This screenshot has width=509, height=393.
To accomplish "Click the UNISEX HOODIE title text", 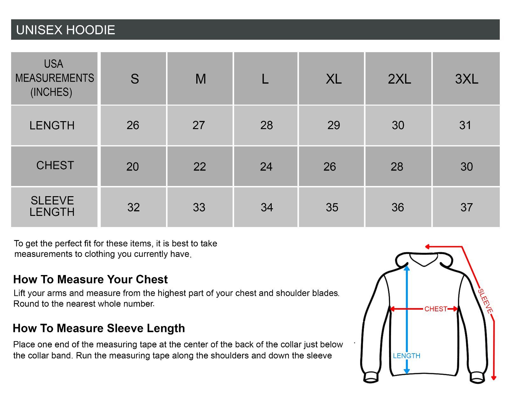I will (x=66, y=30).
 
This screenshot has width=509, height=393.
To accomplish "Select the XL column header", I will (x=334, y=79).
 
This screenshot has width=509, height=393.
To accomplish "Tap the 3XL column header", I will (x=466, y=79).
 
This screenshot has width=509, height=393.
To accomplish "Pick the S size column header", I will (x=135, y=79).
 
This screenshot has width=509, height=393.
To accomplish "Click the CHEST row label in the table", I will (x=55, y=165).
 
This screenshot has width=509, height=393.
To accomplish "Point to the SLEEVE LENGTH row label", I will (x=52, y=206).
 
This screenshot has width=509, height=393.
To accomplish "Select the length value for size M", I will (x=199, y=125).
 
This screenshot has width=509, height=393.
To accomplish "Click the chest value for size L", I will (x=266, y=167).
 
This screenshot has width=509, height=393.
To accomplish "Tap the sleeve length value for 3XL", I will (x=466, y=207).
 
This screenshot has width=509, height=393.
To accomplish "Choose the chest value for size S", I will (x=133, y=167).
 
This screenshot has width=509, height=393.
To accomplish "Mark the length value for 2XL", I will (x=398, y=125).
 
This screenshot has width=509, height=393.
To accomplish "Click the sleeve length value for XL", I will (x=332, y=207).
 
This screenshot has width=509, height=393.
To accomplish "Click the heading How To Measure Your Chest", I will (x=90, y=279).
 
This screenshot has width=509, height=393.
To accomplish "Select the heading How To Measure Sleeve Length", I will (x=99, y=328).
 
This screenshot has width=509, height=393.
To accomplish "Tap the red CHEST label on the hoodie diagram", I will (x=436, y=309).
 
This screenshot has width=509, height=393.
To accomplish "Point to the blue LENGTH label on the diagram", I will (x=407, y=356).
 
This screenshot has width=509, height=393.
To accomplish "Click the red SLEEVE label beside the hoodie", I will (x=485, y=301).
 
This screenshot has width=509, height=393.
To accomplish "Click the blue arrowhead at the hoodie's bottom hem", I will (x=407, y=371).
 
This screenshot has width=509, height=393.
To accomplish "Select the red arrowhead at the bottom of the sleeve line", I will (x=494, y=377).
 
